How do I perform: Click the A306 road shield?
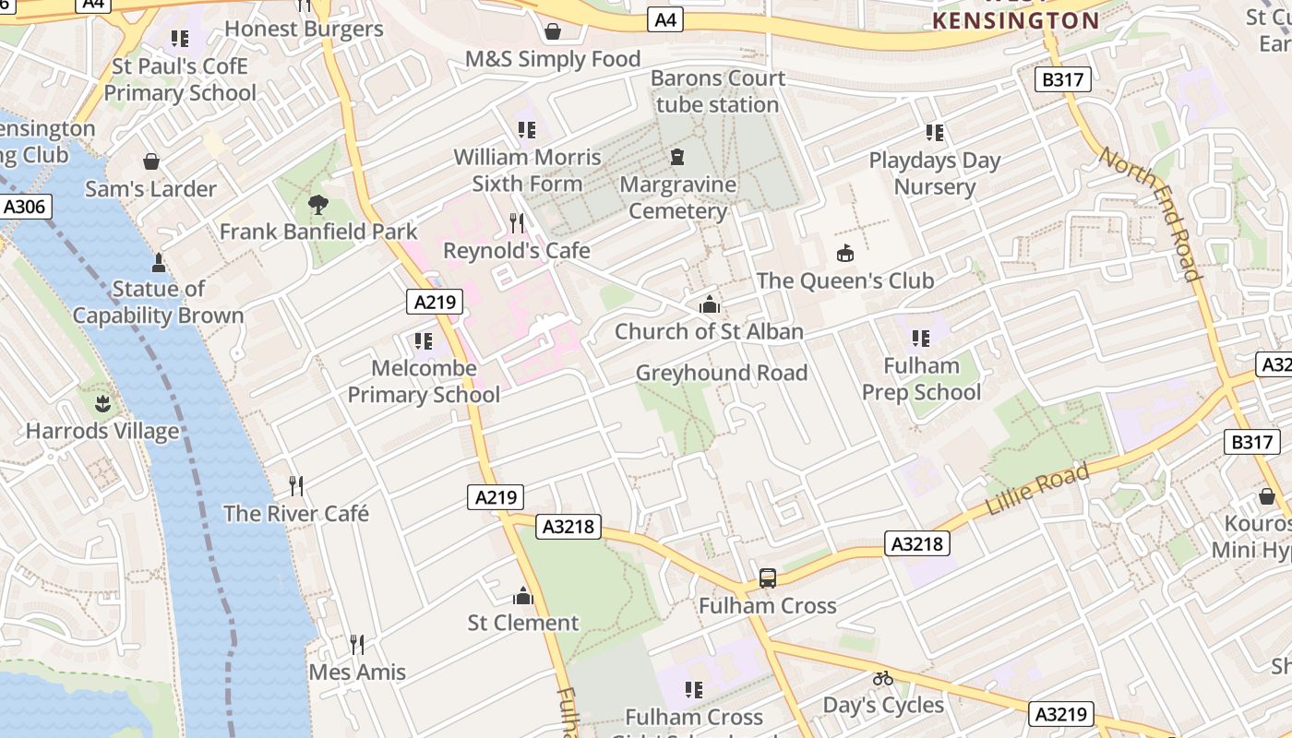(x=24, y=206)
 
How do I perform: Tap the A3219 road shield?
(x=1063, y=714)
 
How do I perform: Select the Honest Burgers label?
(x=304, y=29)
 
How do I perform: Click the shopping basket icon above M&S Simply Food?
(x=553, y=32)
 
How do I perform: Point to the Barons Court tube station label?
(x=718, y=91)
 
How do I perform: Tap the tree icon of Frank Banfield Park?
(x=318, y=204)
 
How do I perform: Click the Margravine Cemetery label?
(x=678, y=197)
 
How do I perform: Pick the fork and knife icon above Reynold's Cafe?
(x=517, y=222)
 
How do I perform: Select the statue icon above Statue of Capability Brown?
(x=158, y=263)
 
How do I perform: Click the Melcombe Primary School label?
(x=424, y=381)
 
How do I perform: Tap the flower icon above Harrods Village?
(x=102, y=403)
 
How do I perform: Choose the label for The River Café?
(x=296, y=514)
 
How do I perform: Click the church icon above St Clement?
(x=523, y=596)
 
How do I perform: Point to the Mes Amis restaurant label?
(x=357, y=672)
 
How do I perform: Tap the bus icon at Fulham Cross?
(x=768, y=578)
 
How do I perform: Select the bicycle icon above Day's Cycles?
(x=883, y=678)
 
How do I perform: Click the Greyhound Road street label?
(x=722, y=373)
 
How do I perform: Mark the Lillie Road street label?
(x=1037, y=490)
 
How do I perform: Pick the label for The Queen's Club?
(x=845, y=280)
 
